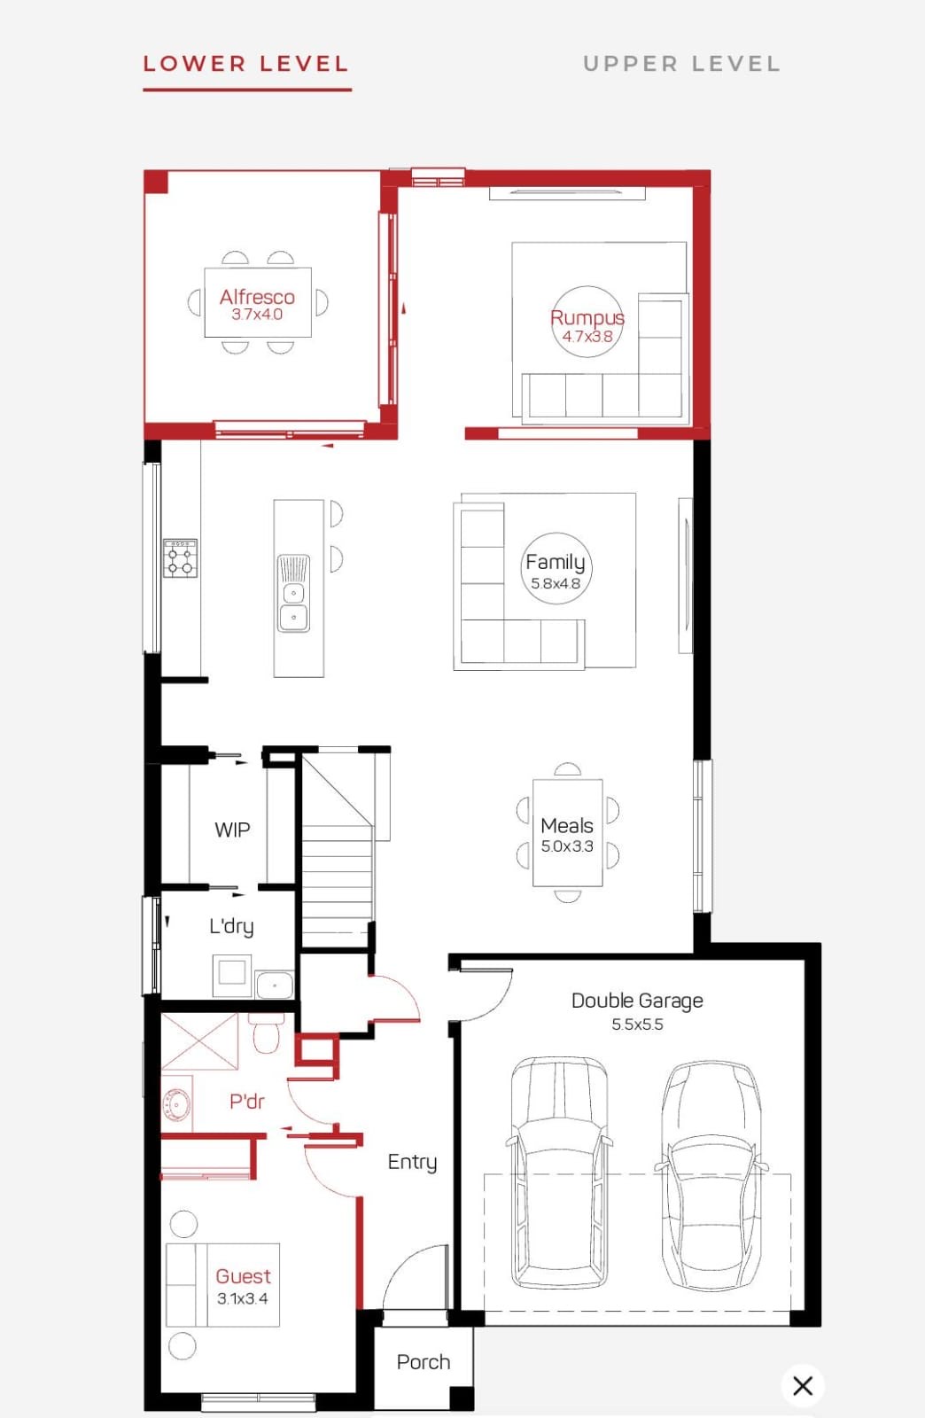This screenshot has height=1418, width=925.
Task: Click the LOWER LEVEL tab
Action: click(246, 64)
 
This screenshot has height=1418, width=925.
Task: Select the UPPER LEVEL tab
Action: click(681, 64)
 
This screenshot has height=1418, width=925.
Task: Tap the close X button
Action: click(803, 1385)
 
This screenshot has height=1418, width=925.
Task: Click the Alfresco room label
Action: click(257, 296)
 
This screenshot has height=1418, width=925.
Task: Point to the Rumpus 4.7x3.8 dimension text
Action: click(587, 336)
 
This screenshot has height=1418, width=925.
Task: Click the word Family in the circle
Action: click(555, 562)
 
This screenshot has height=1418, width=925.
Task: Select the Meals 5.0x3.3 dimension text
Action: click(567, 846)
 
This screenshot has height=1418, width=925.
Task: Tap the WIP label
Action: click(232, 830)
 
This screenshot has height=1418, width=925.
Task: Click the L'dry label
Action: click(231, 927)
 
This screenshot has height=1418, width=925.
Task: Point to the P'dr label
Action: click(246, 1102)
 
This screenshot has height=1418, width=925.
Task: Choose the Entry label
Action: click(413, 1162)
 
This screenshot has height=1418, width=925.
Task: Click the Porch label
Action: click(424, 1361)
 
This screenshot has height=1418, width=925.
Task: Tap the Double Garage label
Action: click(637, 1001)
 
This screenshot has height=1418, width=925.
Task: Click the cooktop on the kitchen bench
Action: click(181, 557)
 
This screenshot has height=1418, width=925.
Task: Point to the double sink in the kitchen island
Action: click(293, 593)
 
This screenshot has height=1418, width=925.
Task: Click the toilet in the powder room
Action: click(265, 1033)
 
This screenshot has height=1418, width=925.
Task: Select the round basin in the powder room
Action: click(176, 1104)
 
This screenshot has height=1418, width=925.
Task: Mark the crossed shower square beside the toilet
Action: click(200, 1041)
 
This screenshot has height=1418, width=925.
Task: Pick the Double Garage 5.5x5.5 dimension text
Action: click(637, 1025)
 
